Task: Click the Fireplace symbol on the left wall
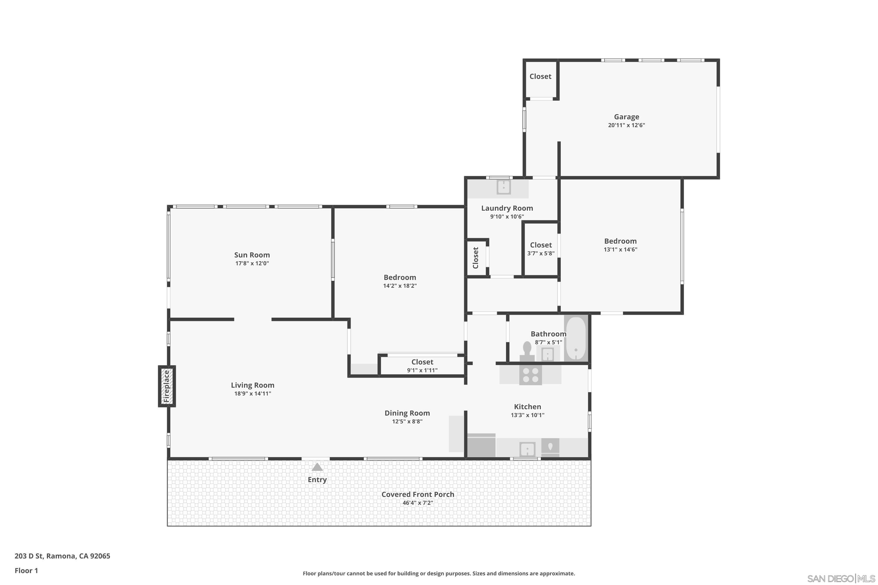(167, 386)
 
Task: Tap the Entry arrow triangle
(317, 467)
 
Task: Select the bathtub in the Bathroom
(576, 338)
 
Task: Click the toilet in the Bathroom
(527, 351)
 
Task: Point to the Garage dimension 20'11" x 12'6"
(626, 125)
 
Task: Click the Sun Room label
(252, 255)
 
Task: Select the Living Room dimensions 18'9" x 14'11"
(252, 394)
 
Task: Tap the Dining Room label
(407, 413)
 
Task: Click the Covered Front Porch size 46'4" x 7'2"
(417, 503)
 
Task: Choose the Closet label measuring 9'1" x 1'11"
(422, 362)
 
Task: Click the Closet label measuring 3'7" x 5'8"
(541, 245)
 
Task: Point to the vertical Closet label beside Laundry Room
(476, 258)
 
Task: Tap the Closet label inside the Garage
(540, 76)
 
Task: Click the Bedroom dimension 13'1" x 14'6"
(620, 250)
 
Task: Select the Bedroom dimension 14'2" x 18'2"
(400, 286)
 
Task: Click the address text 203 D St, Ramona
(62, 556)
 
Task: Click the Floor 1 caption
(26, 570)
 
